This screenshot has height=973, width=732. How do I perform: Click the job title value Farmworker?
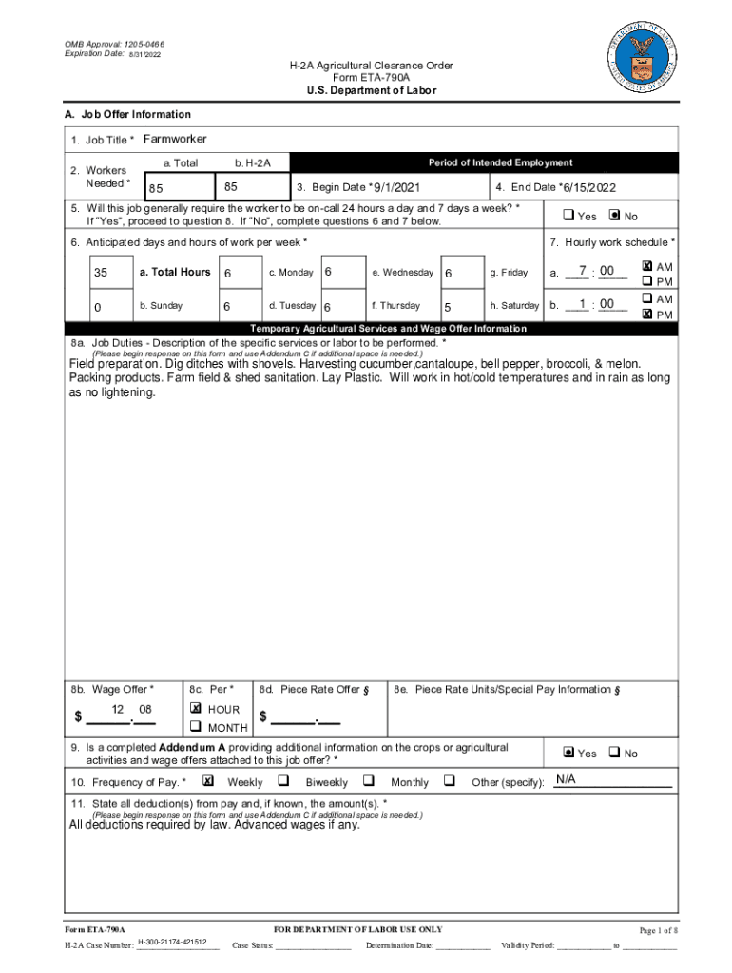click(175, 140)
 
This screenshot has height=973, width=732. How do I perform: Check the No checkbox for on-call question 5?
click(613, 216)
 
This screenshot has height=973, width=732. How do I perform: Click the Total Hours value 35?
click(101, 273)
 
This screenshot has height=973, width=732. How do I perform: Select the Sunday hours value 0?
click(98, 307)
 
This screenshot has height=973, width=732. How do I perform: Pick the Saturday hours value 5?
click(448, 307)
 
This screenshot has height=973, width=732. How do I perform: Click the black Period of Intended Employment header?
click(500, 162)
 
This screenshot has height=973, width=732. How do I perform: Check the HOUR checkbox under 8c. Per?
click(196, 709)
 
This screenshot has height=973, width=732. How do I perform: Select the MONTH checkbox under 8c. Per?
click(196, 727)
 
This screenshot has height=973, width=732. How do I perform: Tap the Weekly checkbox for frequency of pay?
click(208, 781)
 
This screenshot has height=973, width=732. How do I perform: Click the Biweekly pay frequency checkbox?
click(283, 781)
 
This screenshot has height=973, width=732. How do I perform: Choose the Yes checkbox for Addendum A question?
click(568, 753)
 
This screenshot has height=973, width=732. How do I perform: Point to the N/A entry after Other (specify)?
click(567, 780)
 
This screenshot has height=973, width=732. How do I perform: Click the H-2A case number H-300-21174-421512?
click(172, 941)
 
